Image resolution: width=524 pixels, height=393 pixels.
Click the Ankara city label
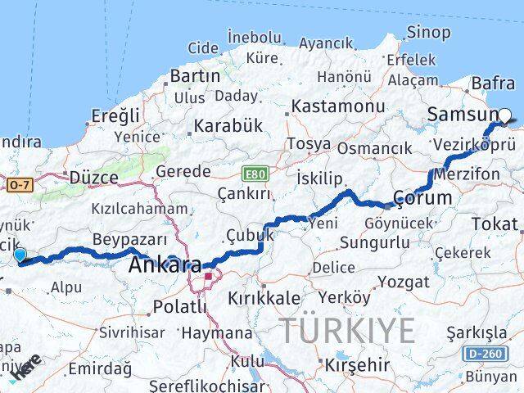(165, 265)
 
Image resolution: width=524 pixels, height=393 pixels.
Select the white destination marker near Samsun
(505, 116)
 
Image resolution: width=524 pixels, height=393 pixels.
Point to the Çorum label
(422, 197)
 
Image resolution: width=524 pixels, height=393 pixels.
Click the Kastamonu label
(337, 106)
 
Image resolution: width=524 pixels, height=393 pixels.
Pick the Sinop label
(428, 33)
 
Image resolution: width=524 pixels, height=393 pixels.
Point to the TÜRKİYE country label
(348, 330)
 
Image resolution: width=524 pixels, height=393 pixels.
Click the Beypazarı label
(130, 239)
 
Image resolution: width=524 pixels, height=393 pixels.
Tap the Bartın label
(194, 75)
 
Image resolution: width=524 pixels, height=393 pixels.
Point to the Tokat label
(495, 224)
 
